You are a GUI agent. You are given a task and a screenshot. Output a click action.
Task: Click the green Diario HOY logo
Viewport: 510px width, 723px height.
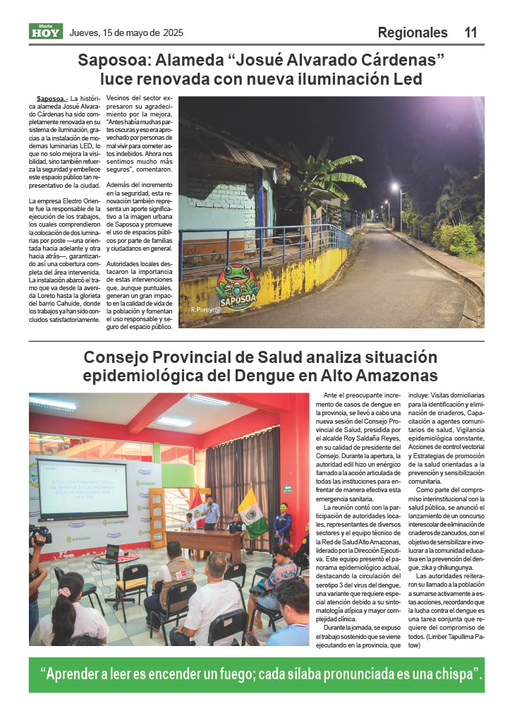point(46,32)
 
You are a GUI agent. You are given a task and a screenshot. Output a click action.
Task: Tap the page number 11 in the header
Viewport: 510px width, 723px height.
point(470,32)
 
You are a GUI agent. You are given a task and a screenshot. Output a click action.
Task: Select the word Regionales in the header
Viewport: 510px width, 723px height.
point(413,32)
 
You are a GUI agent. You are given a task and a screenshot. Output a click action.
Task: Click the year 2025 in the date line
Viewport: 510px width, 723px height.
point(173,32)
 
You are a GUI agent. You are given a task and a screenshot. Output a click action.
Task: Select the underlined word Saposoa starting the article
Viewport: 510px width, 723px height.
point(51,99)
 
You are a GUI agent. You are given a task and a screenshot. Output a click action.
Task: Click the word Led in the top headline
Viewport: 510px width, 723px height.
point(406,79)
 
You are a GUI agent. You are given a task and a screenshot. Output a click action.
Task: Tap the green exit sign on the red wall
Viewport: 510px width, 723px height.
point(287,488)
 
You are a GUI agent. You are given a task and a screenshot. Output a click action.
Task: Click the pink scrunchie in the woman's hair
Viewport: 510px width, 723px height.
point(64,592)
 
